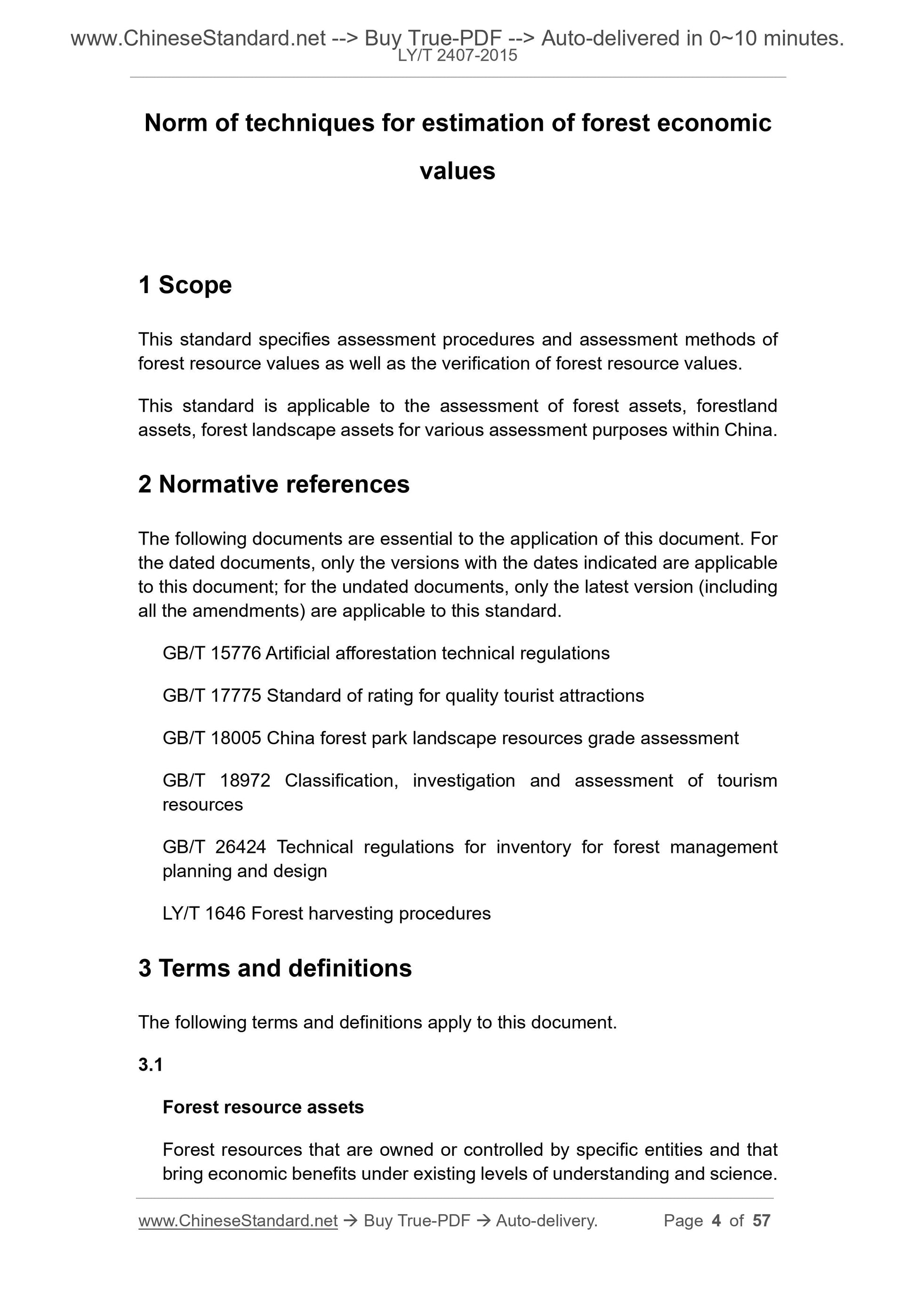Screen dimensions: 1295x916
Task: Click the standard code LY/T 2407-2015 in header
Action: (457, 56)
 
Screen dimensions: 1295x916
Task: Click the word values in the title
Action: (457, 171)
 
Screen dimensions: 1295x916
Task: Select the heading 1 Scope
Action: (185, 285)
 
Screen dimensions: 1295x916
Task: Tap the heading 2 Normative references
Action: (274, 484)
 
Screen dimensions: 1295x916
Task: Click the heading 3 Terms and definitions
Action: (275, 968)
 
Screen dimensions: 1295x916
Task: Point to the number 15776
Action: (235, 653)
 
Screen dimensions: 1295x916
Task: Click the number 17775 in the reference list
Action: (235, 695)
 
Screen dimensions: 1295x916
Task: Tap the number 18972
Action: (245, 780)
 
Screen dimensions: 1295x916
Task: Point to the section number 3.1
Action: (150, 1065)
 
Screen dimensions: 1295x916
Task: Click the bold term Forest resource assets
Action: (263, 1107)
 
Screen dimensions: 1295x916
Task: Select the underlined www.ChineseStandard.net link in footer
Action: (238, 1221)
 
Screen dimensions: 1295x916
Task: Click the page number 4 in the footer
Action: (716, 1221)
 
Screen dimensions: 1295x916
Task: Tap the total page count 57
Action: (761, 1221)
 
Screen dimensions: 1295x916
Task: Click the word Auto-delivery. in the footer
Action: (546, 1221)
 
